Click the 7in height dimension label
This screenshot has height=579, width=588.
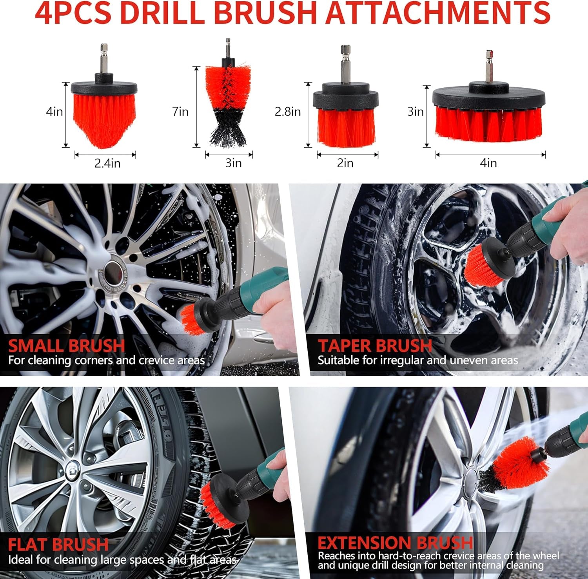180,112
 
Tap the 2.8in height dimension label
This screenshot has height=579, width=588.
288,112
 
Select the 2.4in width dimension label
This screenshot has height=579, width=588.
107,163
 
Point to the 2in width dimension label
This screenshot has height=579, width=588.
345,163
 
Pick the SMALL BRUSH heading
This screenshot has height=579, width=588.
67,346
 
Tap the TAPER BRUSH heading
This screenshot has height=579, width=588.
375,346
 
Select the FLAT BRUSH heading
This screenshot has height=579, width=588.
58,545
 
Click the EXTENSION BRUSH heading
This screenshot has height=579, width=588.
395,543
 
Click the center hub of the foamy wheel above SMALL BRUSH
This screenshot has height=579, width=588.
114,270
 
